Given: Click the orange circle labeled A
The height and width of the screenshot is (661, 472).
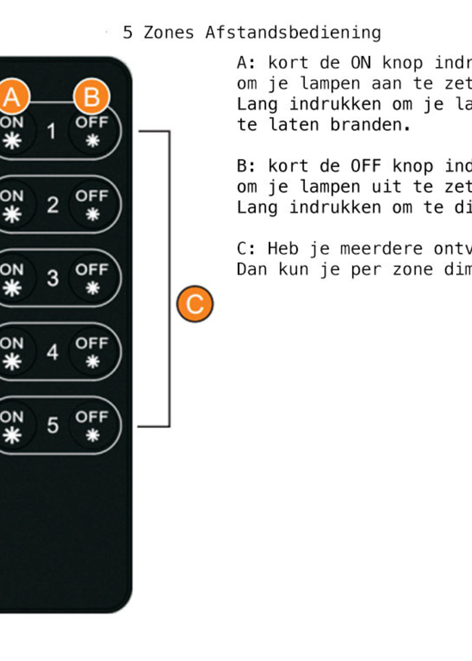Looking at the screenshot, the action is coord(12,96).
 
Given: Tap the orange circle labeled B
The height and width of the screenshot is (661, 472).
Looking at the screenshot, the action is coord(91,96).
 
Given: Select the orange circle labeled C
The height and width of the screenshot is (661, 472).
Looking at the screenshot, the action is coord(195,304).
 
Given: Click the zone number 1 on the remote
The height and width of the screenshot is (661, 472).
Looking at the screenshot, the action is coord(52,131).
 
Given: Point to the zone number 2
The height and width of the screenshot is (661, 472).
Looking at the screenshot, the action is coord(53,205).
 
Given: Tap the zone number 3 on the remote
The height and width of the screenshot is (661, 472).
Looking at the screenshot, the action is coord(53,278).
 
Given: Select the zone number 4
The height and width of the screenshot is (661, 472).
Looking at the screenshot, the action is coord(53,352).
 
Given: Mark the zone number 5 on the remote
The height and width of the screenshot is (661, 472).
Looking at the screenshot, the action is coord(53,425).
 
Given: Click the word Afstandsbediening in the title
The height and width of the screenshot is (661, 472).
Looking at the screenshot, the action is coord(293,33).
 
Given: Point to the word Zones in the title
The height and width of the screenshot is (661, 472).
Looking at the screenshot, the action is coord(169,33).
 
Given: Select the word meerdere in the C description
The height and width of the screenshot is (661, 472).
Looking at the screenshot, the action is coord(381,249).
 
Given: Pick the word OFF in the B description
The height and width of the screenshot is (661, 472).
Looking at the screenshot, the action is coord(366,166).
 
